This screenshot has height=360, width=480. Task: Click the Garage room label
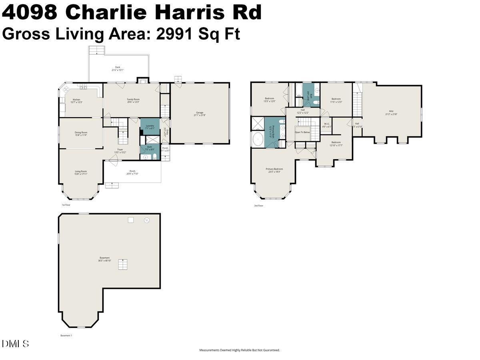[200, 114]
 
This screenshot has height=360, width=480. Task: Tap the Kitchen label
[76, 101]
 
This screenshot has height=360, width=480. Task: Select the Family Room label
[133, 100]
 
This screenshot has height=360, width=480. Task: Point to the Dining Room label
[81, 134]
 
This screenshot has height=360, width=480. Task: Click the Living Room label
[81, 172]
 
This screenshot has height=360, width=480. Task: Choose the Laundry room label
[150, 127]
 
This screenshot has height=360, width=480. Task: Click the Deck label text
[118, 68]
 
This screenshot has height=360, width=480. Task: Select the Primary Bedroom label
[274, 170]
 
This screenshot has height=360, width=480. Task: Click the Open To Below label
[302, 132]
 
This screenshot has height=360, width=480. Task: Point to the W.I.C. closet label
[327, 125]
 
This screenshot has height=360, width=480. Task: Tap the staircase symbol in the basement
[123, 265]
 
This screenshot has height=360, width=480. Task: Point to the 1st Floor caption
[66, 205]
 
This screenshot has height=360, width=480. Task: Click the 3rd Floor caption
[258, 206]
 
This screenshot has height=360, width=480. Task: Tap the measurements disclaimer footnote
[240, 350]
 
